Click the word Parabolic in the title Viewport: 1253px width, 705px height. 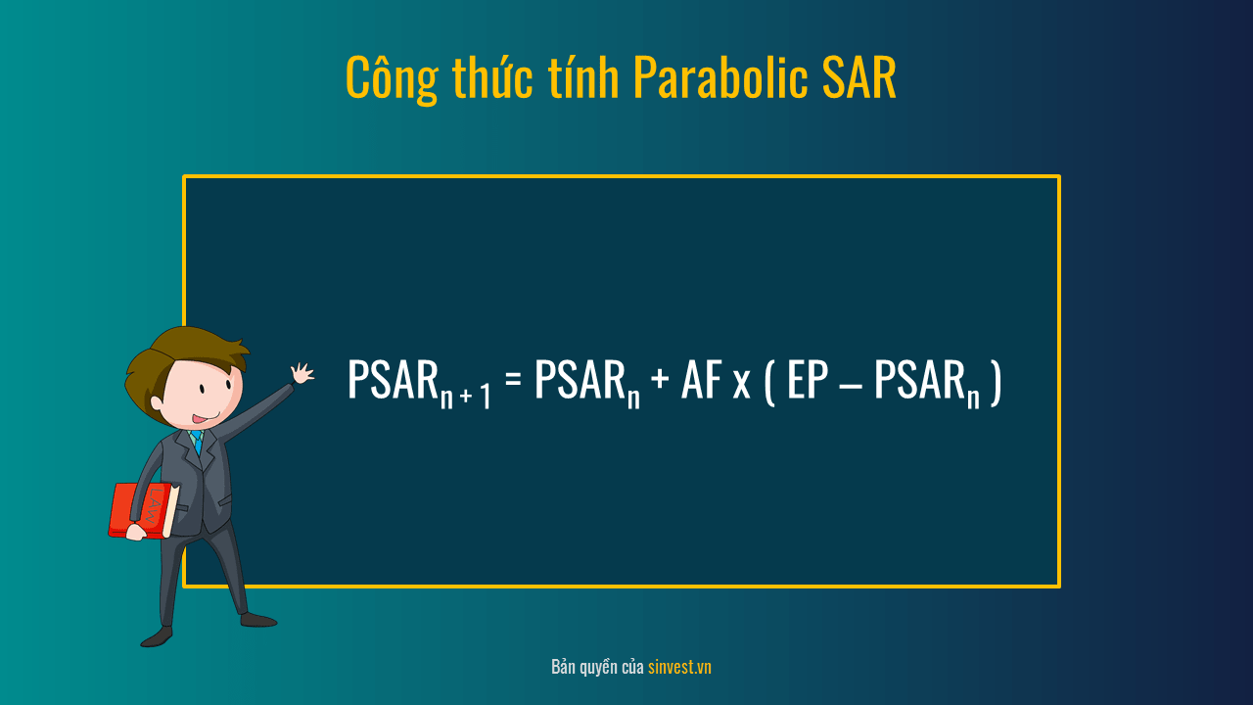tap(721, 77)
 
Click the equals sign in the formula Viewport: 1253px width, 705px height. tap(513, 378)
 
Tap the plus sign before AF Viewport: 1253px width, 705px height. tap(660, 378)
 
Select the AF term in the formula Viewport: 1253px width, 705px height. tap(702, 379)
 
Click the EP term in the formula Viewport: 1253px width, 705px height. tap(808, 379)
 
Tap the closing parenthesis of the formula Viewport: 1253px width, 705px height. tap(996, 383)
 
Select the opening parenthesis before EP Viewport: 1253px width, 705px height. tap(769, 383)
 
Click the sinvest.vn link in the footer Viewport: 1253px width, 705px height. tap(679, 667)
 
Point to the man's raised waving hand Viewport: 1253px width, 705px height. tap(302, 373)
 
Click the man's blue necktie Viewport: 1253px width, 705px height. tap(197, 442)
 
